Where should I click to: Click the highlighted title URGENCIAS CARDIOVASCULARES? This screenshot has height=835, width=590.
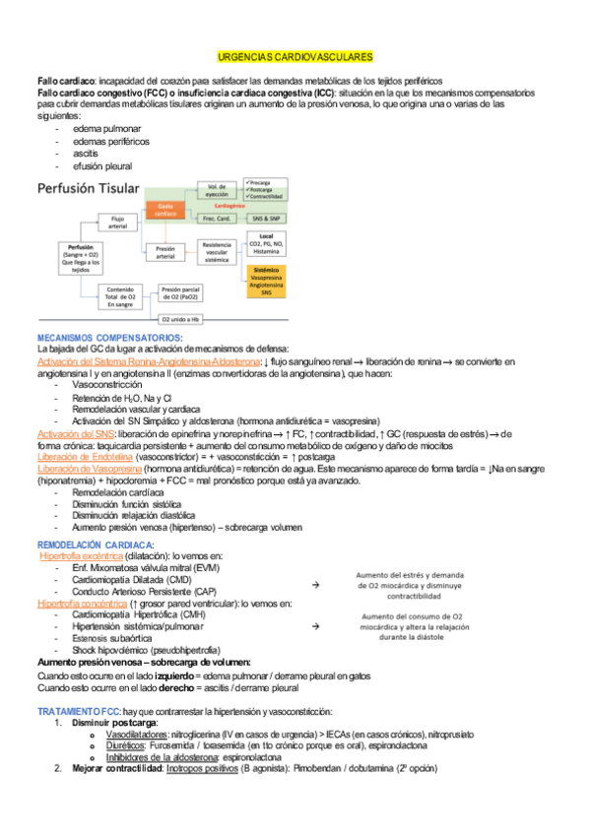(295, 58)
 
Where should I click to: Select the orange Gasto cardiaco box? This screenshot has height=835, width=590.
(164, 210)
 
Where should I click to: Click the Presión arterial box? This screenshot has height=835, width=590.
(164, 254)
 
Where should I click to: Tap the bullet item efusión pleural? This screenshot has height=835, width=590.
(102, 166)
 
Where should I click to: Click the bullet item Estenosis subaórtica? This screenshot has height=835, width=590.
(114, 638)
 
